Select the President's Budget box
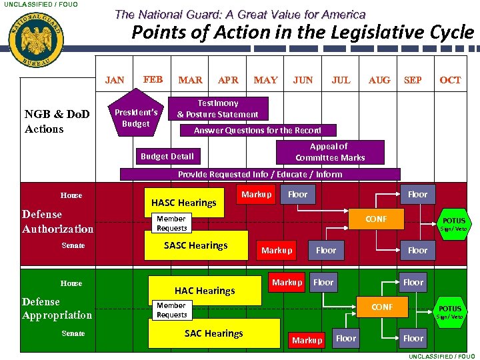pyautogui.click(x=136, y=118)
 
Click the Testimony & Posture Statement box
pyautogui.click(x=217, y=109)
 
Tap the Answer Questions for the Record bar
pyautogui.click(x=258, y=131)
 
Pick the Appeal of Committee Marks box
pyautogui.click(x=329, y=152)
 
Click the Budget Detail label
pyautogui.click(x=167, y=157)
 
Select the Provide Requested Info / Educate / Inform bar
pyautogui.click(x=259, y=175)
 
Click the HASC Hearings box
pyautogui.click(x=184, y=203)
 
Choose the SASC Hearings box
pyautogui.click(x=196, y=245)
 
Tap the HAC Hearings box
pyautogui.click(x=205, y=291)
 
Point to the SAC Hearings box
pyautogui.click(x=213, y=333)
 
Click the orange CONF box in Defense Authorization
pyautogui.click(x=376, y=219)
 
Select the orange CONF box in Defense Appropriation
pyautogui.click(x=382, y=307)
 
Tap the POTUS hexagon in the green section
pyautogui.click(x=449, y=310)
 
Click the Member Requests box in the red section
pyautogui.click(x=171, y=223)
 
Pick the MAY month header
pyautogui.click(x=265, y=80)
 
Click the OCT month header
pyautogui.click(x=450, y=80)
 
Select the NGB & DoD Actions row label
pyautogui.click(x=57, y=121)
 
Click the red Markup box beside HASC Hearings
pyautogui.click(x=257, y=195)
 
